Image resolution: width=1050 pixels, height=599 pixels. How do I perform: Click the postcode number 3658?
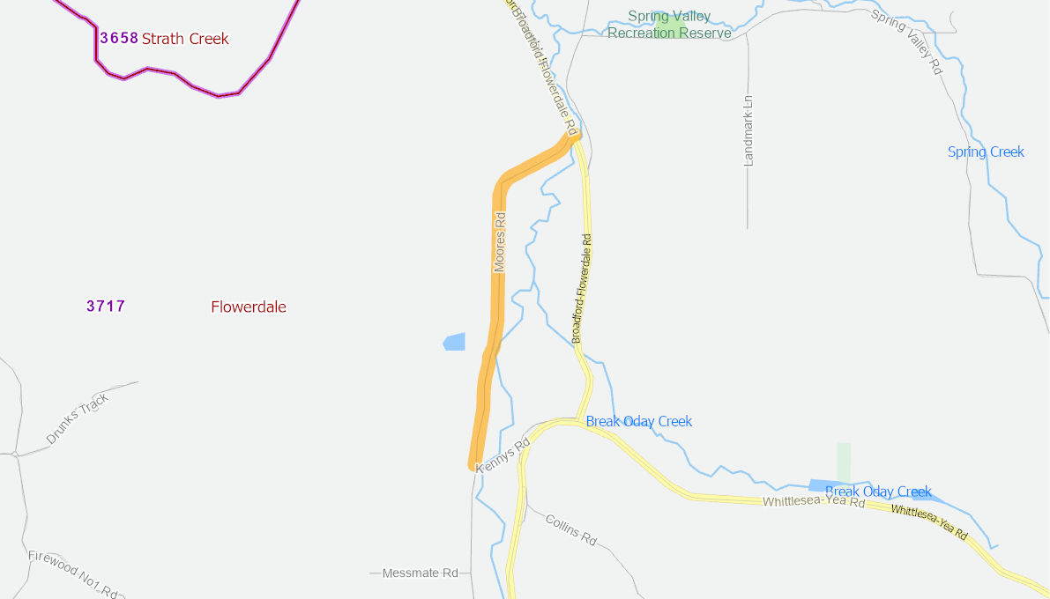point(119,38)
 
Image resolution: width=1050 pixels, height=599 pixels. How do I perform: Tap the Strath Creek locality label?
point(185,39)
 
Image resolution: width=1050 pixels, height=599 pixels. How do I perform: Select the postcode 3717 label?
point(106,307)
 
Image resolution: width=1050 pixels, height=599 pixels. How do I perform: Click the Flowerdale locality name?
point(249,307)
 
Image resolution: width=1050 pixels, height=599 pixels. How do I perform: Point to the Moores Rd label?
point(500,242)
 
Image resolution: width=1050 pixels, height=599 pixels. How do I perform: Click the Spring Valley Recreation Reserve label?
point(669,25)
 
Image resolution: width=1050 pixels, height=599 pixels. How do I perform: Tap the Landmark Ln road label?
point(748,130)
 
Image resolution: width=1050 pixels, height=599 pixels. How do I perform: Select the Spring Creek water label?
point(986,152)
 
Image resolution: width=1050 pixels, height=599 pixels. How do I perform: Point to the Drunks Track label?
point(78,418)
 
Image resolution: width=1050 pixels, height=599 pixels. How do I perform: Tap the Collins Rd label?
point(570,530)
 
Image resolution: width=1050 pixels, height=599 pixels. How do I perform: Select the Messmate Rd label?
point(421,573)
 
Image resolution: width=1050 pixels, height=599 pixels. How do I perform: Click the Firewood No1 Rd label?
point(72,573)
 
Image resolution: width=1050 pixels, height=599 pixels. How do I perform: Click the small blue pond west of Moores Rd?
point(454,342)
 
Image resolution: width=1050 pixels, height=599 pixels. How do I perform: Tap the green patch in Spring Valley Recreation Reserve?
point(670,25)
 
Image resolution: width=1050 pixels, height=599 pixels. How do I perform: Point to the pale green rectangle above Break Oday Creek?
point(844,460)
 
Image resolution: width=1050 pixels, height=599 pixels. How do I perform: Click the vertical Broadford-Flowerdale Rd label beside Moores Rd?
point(582,289)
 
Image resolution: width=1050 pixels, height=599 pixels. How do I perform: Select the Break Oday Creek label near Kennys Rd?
point(639,421)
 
